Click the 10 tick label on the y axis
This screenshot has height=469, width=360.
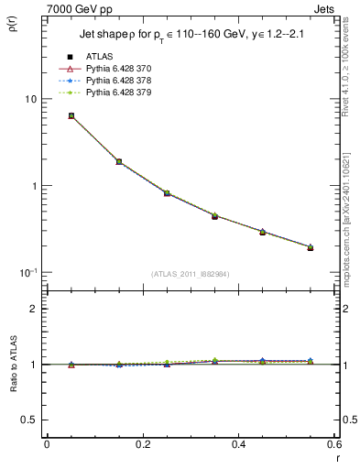29,99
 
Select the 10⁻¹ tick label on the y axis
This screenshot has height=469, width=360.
27,272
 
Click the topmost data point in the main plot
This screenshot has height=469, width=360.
71,115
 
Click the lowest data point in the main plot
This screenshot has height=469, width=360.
311,247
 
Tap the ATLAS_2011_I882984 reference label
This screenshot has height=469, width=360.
191,274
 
